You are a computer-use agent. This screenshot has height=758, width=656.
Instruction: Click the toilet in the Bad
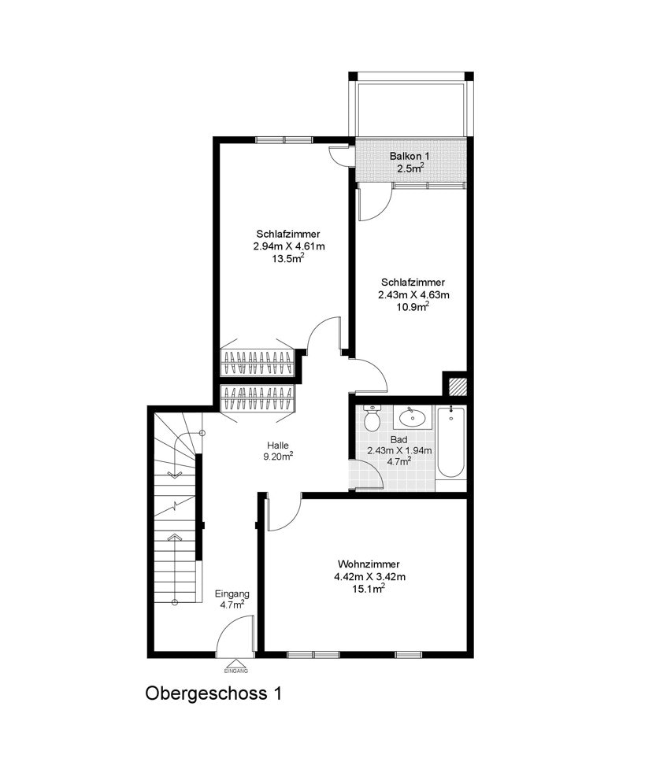(372, 418)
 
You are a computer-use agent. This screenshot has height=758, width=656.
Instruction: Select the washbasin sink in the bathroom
(413, 417)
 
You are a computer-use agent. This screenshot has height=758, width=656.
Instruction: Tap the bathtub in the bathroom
(451, 442)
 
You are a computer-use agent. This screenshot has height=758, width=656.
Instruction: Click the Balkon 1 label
(410, 156)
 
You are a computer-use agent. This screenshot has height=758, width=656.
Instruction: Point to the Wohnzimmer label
(369, 564)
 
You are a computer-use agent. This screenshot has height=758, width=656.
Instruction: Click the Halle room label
(278, 446)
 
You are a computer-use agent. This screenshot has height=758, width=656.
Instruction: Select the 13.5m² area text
(288, 258)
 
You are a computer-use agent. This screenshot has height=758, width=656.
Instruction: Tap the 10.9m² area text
(413, 306)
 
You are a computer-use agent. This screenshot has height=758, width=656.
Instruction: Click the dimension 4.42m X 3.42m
(369, 577)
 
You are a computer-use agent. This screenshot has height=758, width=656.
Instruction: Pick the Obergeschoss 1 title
(213, 693)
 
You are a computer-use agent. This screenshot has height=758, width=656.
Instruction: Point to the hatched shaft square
(458, 386)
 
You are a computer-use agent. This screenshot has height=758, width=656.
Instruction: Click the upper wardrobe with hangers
(258, 362)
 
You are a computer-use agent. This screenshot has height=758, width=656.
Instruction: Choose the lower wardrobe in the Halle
(258, 398)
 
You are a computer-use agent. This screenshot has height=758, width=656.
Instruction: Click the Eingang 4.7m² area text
(232, 605)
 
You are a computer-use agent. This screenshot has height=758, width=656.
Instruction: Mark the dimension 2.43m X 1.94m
(399, 450)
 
